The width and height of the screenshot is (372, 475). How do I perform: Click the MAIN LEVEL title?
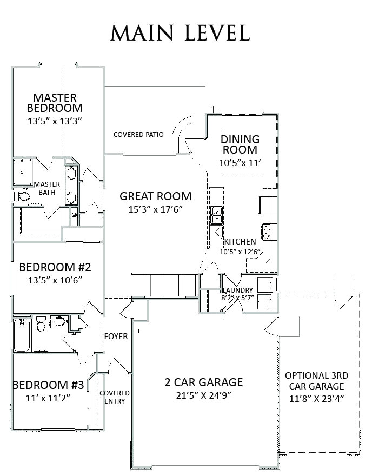(180, 33)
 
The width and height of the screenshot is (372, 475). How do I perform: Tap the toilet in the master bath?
(21, 196)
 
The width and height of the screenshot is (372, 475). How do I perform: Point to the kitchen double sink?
(216, 215)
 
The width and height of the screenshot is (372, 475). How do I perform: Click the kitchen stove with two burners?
(267, 232)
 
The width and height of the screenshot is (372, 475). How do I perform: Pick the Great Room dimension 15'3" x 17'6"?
(155, 209)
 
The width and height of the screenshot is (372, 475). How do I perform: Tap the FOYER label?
(116, 337)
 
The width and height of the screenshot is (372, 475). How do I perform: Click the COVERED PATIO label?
(138, 135)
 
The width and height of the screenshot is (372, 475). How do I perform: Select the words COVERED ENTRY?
(115, 397)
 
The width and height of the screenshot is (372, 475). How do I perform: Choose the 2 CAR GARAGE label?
(203, 382)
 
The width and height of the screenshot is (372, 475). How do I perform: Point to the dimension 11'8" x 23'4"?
(317, 398)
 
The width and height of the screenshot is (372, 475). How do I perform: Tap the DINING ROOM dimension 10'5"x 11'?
(240, 162)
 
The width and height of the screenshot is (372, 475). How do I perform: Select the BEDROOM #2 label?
(54, 267)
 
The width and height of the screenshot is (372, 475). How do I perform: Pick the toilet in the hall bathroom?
(41, 325)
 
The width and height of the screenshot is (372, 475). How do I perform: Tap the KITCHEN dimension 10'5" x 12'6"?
(240, 252)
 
